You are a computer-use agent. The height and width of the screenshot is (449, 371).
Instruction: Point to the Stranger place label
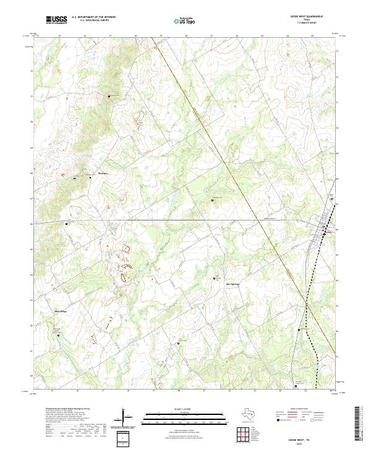(103, 173)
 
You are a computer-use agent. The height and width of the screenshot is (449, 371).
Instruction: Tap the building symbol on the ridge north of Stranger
(110, 97)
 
